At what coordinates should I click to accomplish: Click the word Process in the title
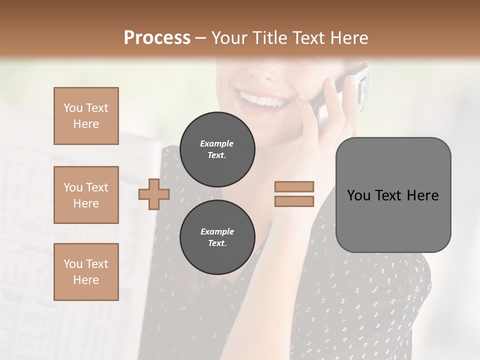point(157,38)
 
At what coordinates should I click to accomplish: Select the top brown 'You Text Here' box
point(86,116)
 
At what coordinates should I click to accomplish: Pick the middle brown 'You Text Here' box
point(86,195)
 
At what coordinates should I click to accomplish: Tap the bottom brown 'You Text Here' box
point(86,271)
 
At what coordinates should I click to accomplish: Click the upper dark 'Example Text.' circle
point(217,149)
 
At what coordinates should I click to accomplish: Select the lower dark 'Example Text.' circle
point(217,237)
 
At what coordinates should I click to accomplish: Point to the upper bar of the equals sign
point(294,186)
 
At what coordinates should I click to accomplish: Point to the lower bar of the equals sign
point(294,201)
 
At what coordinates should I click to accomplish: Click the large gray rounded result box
point(393,195)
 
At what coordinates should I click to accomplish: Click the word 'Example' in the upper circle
point(217,143)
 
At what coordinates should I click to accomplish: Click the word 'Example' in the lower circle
point(217,231)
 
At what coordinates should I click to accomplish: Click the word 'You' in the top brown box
point(73,108)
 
